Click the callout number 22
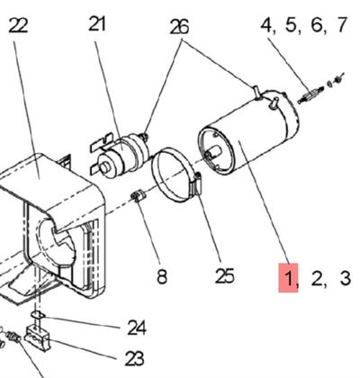[x=18, y=24]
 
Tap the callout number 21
[x=98, y=24]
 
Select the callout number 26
[x=179, y=27]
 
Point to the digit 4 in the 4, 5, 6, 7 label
[x=267, y=24]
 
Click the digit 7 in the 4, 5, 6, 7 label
[x=340, y=24]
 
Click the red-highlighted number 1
[x=289, y=277]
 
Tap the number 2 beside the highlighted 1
[x=317, y=277]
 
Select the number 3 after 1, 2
[x=345, y=277]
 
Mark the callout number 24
[x=136, y=326]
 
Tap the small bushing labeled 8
[x=139, y=197]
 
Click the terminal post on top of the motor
[x=257, y=91]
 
